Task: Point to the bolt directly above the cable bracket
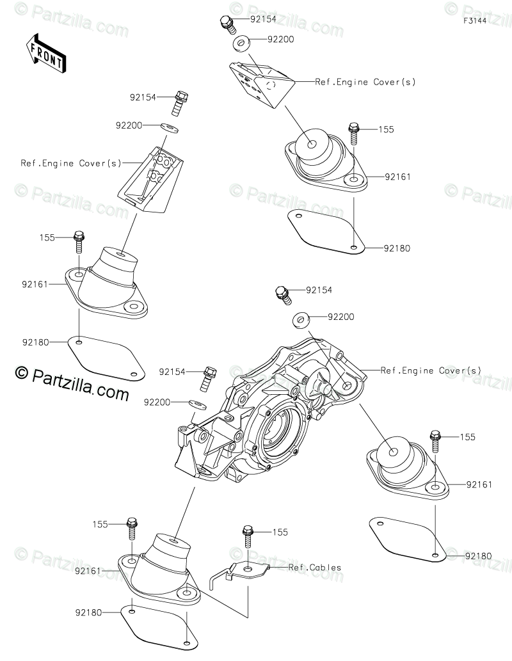247,535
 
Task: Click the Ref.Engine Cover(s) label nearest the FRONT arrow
70,163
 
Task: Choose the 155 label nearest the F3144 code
385,129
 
